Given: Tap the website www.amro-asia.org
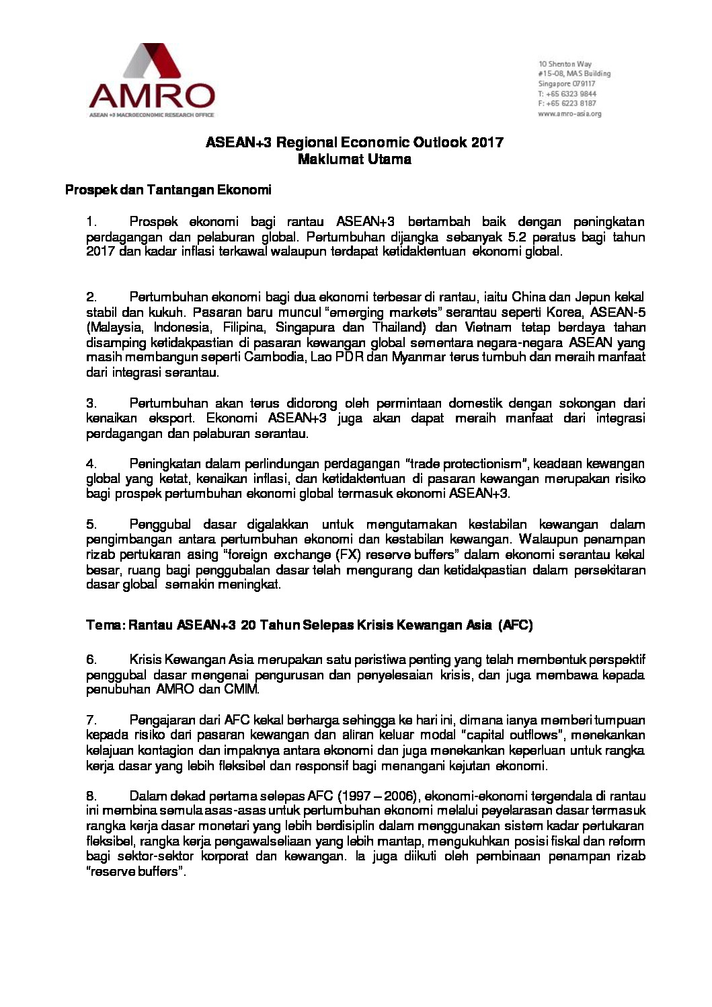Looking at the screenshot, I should [x=569, y=114].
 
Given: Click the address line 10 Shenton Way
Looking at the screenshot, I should [x=560, y=64].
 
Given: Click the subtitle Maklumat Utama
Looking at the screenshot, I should [x=354, y=160].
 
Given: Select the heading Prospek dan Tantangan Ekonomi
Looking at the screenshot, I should [x=168, y=190].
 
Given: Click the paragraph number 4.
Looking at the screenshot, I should [x=91, y=463].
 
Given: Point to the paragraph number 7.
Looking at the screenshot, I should [x=91, y=720].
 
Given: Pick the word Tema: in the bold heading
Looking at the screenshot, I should [x=106, y=626].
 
